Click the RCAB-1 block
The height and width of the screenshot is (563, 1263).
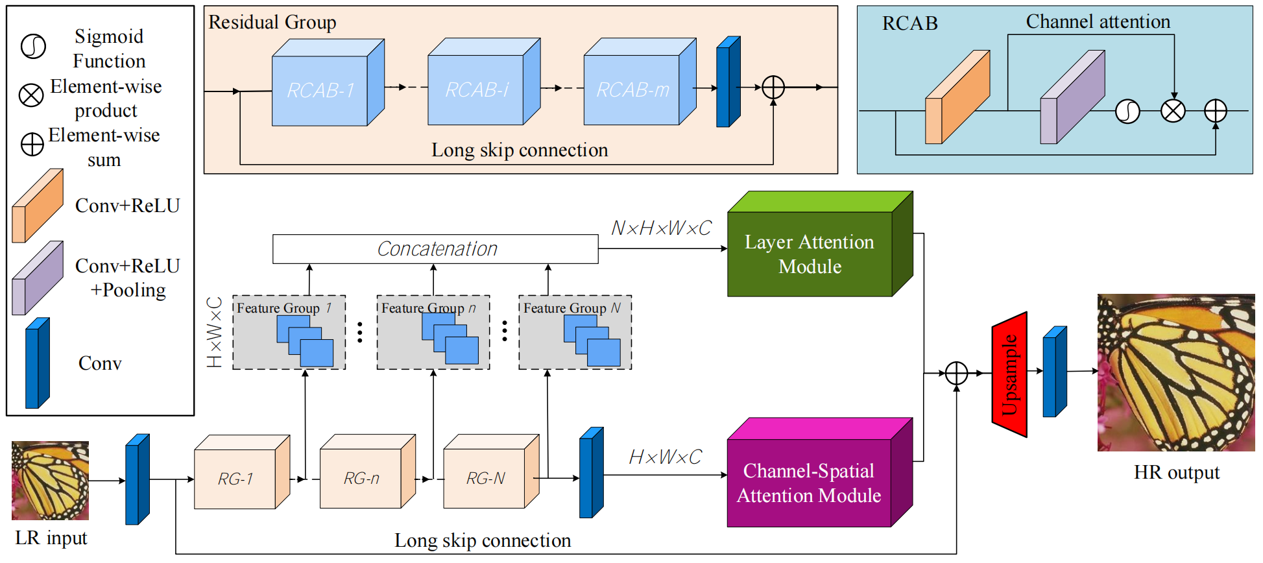tap(320, 90)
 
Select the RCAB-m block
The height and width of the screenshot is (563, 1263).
tap(632, 90)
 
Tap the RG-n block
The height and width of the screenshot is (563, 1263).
tap(361, 479)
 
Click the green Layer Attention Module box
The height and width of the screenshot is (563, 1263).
tap(810, 254)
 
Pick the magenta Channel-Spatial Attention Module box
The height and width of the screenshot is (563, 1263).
tap(809, 483)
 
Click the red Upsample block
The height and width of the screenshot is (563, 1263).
tap(1009, 374)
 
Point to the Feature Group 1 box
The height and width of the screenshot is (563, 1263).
tap(289, 332)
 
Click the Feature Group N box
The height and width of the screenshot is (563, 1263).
tap(575, 332)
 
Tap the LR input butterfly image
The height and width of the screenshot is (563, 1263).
tap(50, 481)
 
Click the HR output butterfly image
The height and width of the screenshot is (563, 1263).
tap(1175, 372)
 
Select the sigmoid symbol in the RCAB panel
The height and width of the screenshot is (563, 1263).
tap(1127, 112)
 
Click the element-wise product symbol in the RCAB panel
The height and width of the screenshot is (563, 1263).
tap(1173, 111)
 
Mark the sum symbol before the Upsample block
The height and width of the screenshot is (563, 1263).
tap(956, 373)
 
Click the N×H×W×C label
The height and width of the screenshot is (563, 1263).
tap(661, 228)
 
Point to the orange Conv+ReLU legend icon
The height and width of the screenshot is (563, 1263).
tap(38, 206)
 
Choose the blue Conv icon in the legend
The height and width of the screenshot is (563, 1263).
tap(37, 363)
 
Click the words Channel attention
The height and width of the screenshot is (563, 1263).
tap(1098, 22)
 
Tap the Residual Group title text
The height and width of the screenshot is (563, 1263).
tap(272, 23)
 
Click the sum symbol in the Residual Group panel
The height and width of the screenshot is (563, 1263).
tap(773, 88)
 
